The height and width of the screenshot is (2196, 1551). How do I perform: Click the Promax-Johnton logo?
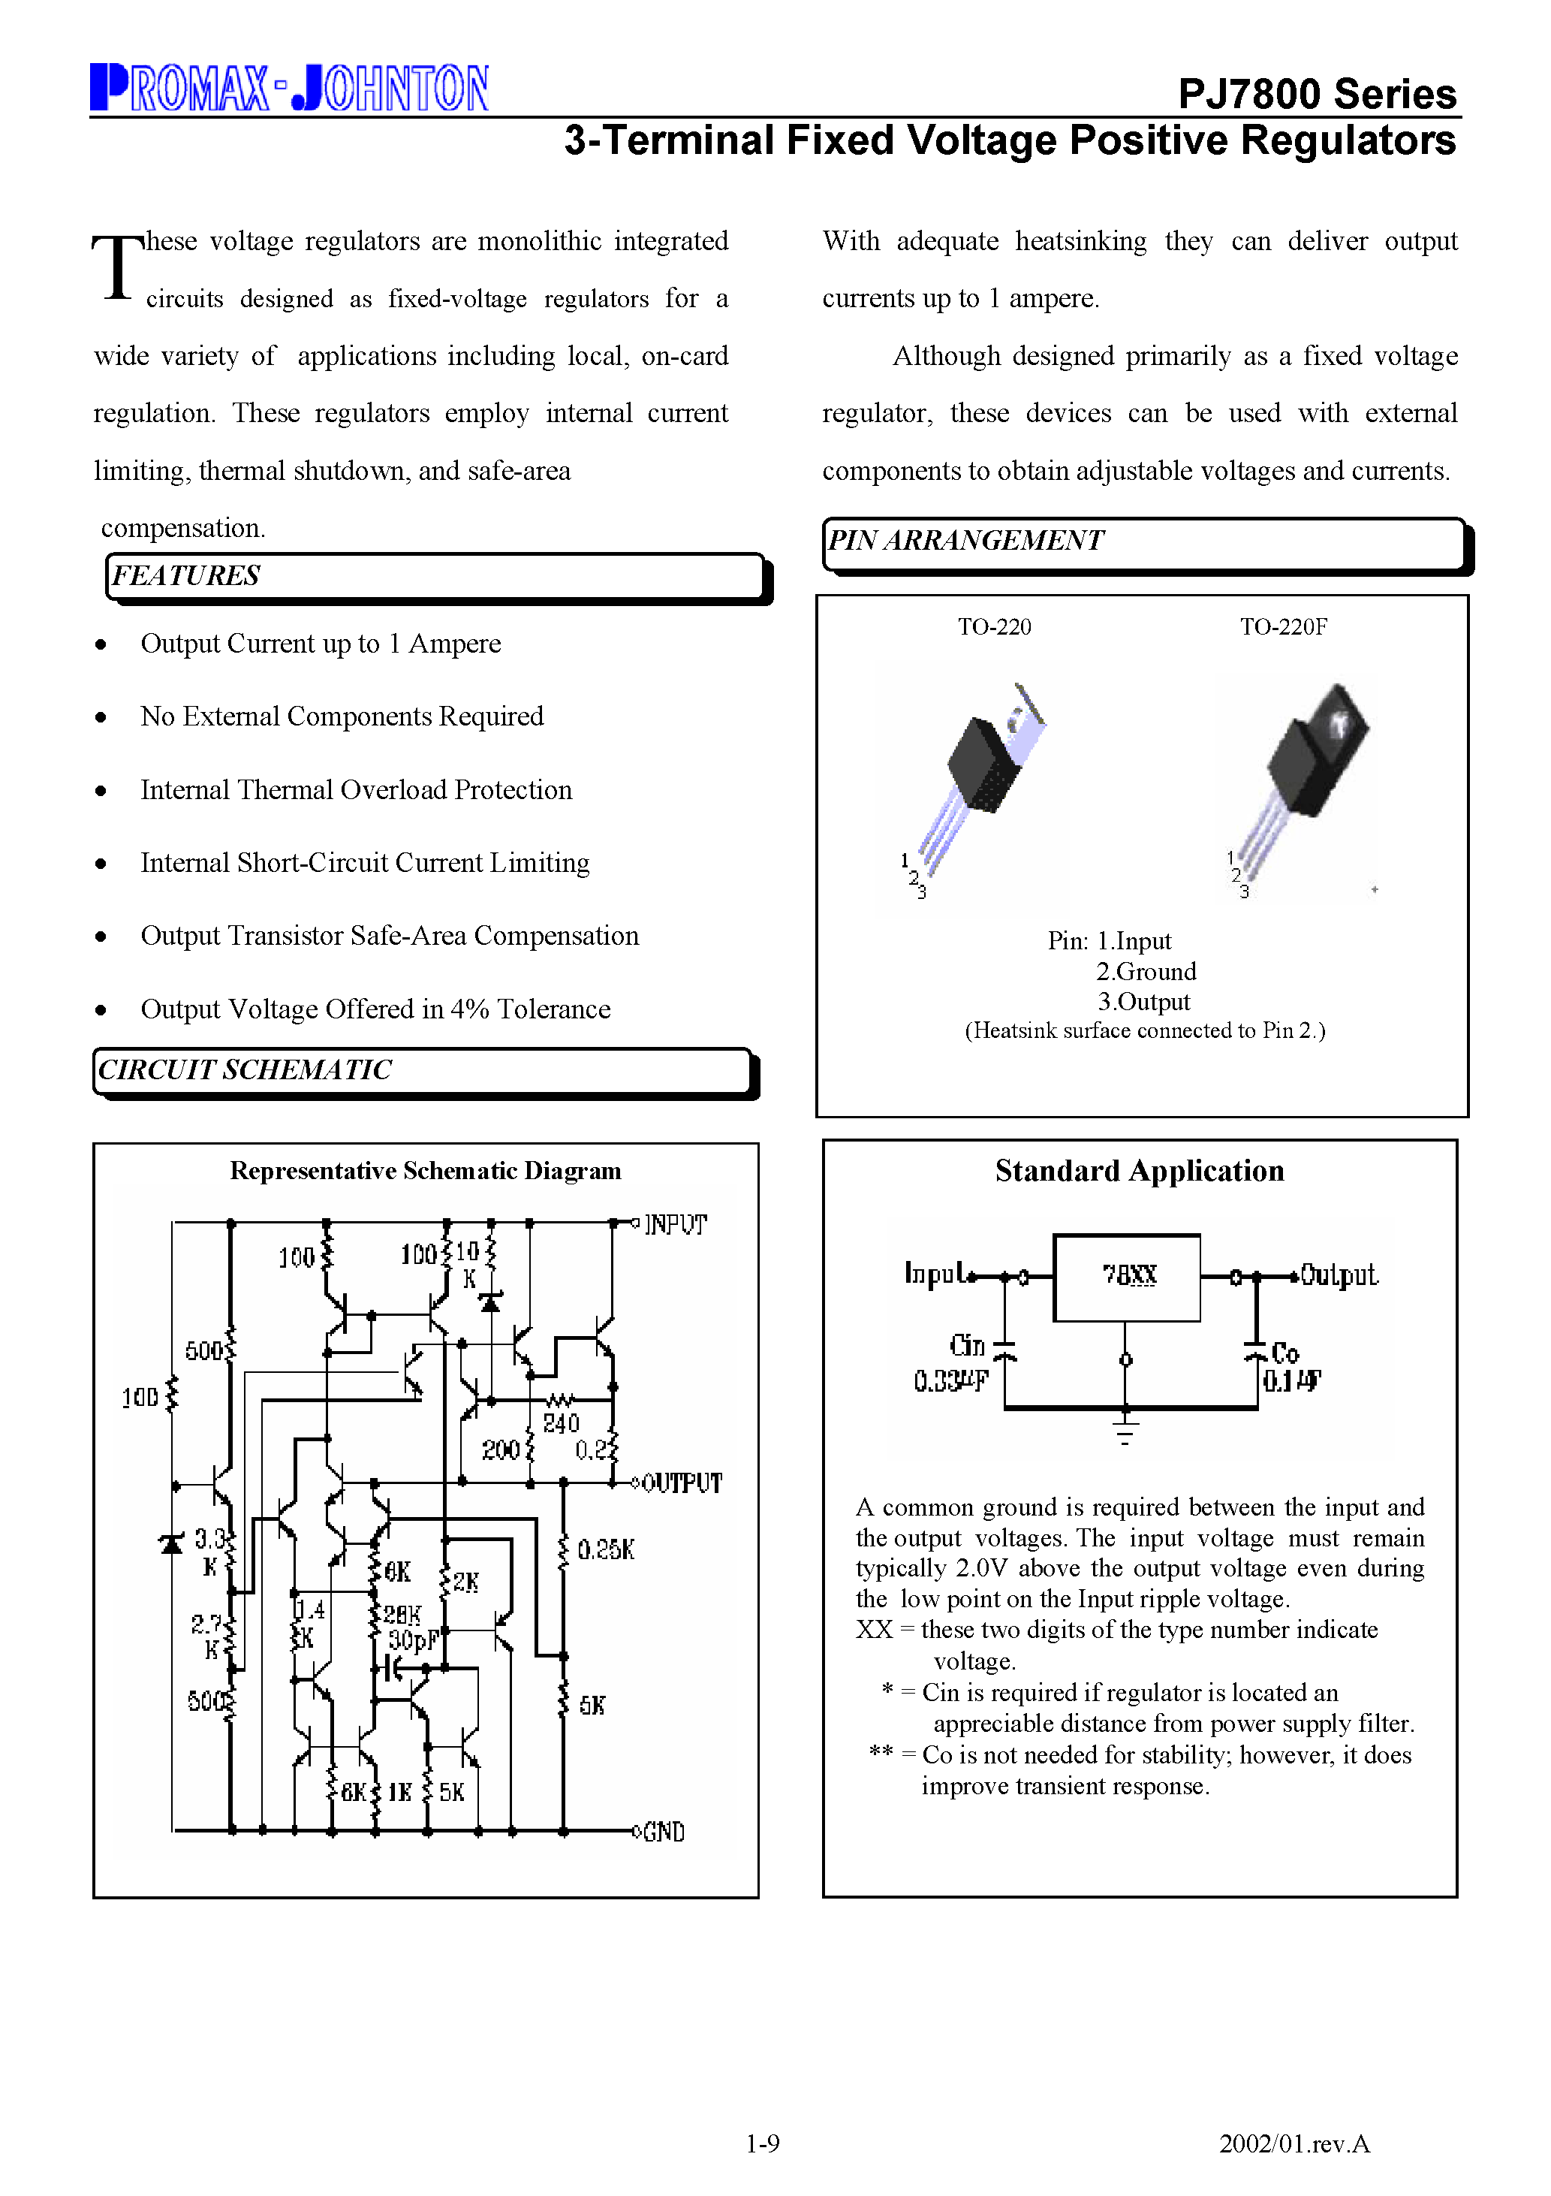[289, 88]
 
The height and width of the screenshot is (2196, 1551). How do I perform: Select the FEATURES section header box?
[435, 577]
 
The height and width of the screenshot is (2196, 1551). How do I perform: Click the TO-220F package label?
[1282, 627]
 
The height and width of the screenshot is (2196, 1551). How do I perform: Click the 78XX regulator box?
[1126, 1277]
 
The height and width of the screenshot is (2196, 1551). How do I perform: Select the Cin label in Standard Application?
[967, 1346]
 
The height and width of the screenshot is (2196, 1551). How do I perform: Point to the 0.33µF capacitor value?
[950, 1381]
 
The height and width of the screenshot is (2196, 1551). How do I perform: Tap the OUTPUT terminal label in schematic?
[681, 1483]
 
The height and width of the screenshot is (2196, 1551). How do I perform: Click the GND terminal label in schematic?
[664, 1832]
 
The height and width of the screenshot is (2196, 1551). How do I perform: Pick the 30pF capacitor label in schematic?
[412, 1640]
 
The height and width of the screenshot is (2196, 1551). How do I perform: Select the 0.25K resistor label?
[605, 1549]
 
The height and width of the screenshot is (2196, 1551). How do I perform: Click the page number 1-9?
[762, 2143]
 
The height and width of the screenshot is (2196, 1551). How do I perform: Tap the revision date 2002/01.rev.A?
[1294, 2143]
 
